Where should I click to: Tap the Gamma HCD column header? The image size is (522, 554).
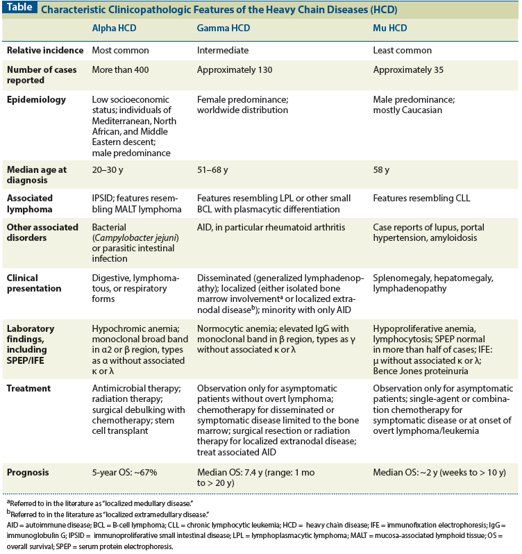[x=224, y=28]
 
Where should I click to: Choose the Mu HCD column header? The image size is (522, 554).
[x=390, y=28]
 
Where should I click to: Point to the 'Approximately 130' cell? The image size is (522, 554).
[x=235, y=70]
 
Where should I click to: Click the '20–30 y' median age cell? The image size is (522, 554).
[x=108, y=169]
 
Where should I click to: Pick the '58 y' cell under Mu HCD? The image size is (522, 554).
[x=382, y=169]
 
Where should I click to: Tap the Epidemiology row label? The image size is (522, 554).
[x=36, y=100]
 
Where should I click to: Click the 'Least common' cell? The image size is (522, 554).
[x=403, y=50]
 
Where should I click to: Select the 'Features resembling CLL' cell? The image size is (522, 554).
[x=421, y=199]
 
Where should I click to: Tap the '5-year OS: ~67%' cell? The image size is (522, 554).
[x=125, y=473]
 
